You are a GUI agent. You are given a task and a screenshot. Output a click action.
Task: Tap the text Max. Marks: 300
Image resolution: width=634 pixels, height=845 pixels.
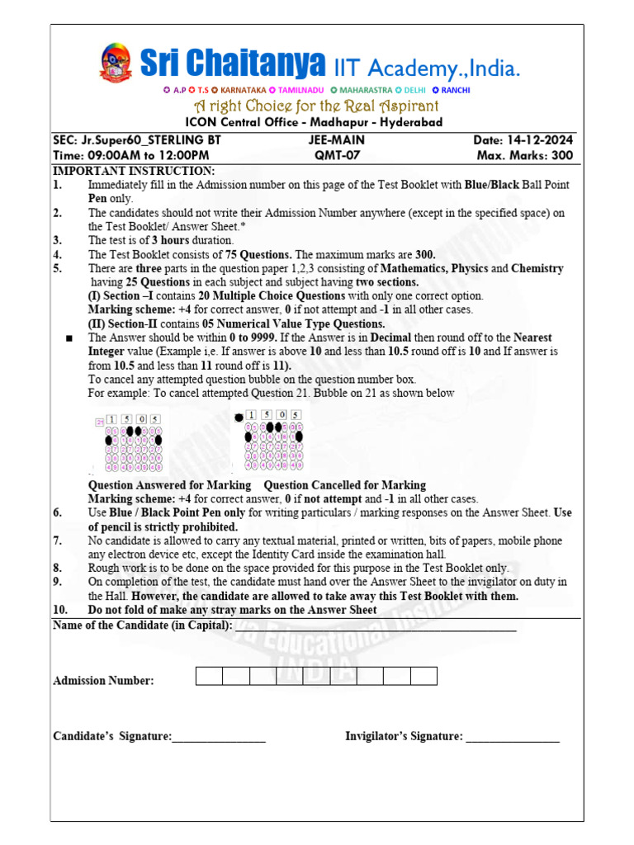point(525,155)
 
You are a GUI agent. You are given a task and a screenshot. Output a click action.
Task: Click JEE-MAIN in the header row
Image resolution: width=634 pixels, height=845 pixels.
point(336,140)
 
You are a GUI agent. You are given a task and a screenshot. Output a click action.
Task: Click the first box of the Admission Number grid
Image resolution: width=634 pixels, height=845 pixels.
point(209,676)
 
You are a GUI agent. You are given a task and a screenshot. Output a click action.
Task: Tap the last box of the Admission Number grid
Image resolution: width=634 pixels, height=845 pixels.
point(423,676)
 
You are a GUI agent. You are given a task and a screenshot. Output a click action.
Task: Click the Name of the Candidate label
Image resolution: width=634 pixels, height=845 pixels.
point(142,625)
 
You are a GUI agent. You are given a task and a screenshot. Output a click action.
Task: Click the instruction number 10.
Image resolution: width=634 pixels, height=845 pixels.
point(59,610)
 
